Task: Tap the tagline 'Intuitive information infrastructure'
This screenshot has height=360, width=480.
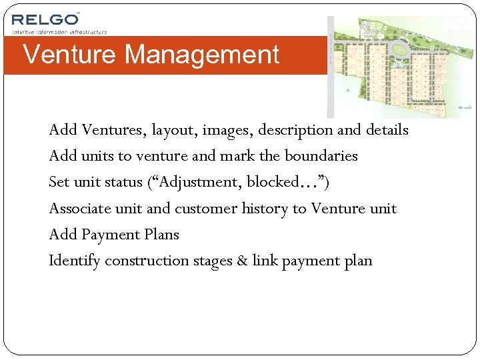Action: pyautogui.click(x=59, y=31)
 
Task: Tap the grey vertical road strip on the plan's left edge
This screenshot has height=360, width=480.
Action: pyautogui.click(x=330, y=67)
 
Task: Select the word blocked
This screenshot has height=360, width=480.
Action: pyautogui.click(x=271, y=182)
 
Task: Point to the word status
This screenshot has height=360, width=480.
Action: pyautogui.click(x=121, y=182)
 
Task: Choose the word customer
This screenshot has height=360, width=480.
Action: pyautogui.click(x=205, y=209)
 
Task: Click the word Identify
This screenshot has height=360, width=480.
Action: pyautogui.click(x=74, y=261)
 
